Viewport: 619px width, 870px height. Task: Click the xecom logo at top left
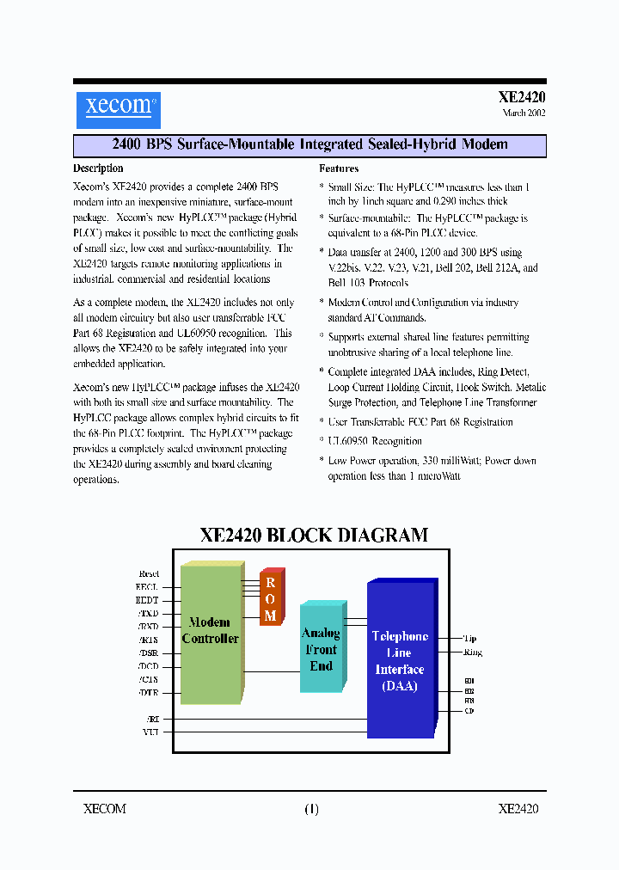118,108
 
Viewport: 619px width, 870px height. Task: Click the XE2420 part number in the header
522,98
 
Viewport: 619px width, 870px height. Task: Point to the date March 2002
524,113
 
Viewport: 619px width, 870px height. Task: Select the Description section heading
98,168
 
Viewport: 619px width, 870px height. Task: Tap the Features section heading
339,168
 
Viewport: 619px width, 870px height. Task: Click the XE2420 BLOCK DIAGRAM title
314,535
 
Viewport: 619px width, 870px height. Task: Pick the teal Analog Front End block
321,649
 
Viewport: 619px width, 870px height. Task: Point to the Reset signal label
149,573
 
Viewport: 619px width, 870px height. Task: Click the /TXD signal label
148,614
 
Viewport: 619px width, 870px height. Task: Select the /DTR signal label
148,692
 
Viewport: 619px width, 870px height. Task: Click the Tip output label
469,639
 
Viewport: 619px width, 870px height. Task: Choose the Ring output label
473,652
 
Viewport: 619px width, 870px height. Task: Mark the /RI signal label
152,718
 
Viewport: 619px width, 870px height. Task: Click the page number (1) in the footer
311,809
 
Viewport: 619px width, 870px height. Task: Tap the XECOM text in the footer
105,809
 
